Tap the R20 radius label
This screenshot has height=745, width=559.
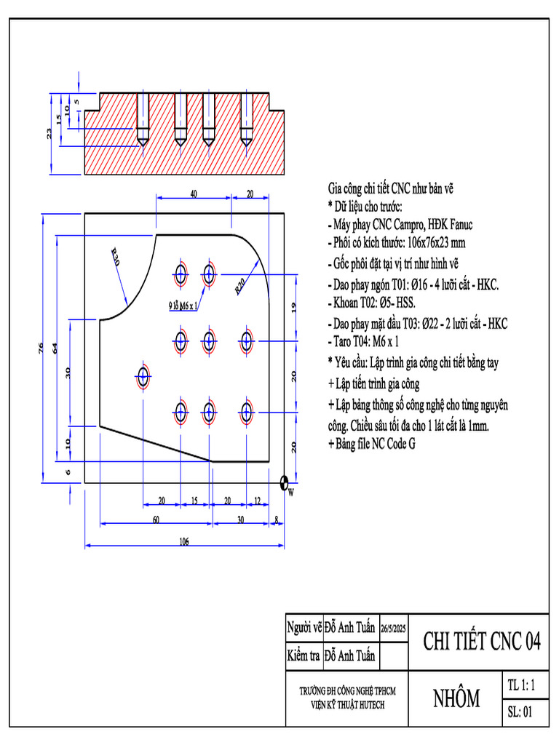pos(241,285)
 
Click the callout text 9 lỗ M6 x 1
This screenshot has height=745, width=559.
pos(180,306)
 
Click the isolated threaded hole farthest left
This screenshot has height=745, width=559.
pos(143,376)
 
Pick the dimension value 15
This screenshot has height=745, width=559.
pos(194,501)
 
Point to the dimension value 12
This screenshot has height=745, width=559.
pos(257,501)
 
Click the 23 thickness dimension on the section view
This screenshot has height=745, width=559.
pos(49,133)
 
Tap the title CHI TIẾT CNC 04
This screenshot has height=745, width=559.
pos(482,641)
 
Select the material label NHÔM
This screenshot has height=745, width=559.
pos(456,698)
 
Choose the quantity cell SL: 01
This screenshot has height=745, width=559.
pos(520,712)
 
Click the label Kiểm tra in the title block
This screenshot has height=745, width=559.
pos(303,656)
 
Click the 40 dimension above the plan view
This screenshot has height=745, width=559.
pos(194,194)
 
